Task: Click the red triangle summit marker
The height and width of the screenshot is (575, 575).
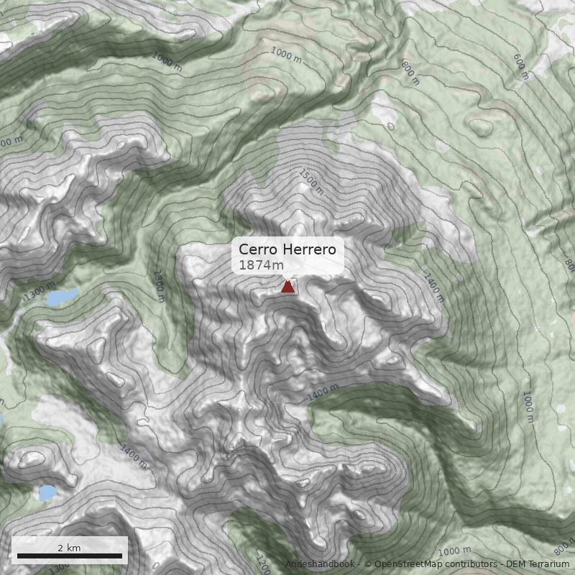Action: coord(287,287)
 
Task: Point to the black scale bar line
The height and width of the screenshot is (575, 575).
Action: coord(69,556)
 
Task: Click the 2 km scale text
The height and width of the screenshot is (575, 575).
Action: coord(69,548)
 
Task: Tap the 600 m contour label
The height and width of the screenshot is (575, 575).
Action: coord(522,66)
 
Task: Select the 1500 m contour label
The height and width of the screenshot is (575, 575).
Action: coord(311,183)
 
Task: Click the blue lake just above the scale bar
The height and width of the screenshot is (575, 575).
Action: coord(48,493)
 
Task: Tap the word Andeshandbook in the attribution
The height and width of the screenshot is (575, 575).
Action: coord(321,564)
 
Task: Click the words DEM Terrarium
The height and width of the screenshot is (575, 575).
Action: coord(538,564)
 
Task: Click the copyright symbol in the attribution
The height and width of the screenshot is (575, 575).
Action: coord(368,564)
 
